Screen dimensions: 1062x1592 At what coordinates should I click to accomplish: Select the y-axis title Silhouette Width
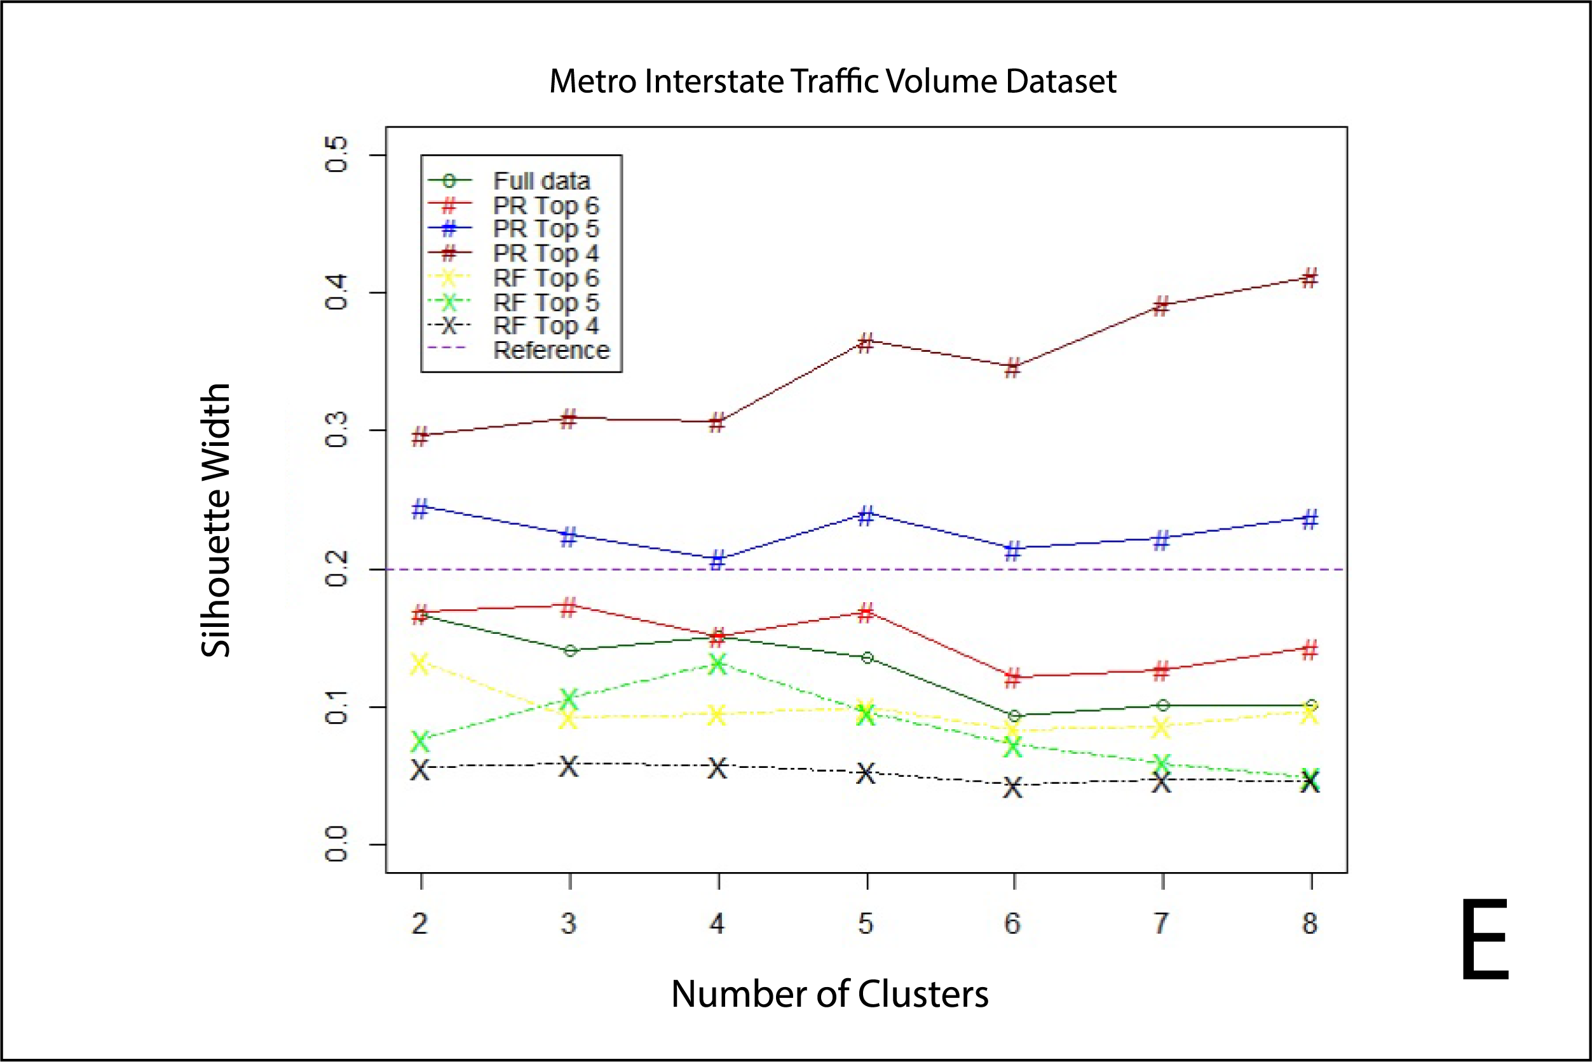[216, 520]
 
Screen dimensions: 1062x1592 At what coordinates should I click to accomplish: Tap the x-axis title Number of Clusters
[829, 993]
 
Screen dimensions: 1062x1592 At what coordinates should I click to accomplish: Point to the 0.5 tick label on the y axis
[337, 154]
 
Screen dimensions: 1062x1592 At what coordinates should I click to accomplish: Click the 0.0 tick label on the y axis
[337, 844]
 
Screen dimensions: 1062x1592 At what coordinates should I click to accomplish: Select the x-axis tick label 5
[866, 923]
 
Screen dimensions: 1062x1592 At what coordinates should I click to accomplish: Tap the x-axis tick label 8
[1310, 923]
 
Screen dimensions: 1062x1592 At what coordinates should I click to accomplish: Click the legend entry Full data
[541, 181]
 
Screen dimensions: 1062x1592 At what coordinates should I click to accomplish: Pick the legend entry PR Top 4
[545, 253]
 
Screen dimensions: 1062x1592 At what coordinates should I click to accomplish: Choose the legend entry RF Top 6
[545, 278]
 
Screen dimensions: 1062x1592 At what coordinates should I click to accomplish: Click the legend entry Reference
[551, 350]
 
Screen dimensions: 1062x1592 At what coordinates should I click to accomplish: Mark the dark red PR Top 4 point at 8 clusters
[1310, 278]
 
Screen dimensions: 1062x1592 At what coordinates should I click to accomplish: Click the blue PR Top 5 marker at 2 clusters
[420, 509]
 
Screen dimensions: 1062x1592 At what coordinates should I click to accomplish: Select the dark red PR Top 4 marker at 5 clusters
[866, 343]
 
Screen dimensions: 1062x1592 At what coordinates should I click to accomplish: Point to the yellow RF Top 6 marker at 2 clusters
[420, 664]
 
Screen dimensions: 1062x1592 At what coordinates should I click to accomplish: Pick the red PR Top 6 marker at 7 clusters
[1162, 671]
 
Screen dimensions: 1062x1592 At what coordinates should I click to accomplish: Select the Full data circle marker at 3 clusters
[570, 651]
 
